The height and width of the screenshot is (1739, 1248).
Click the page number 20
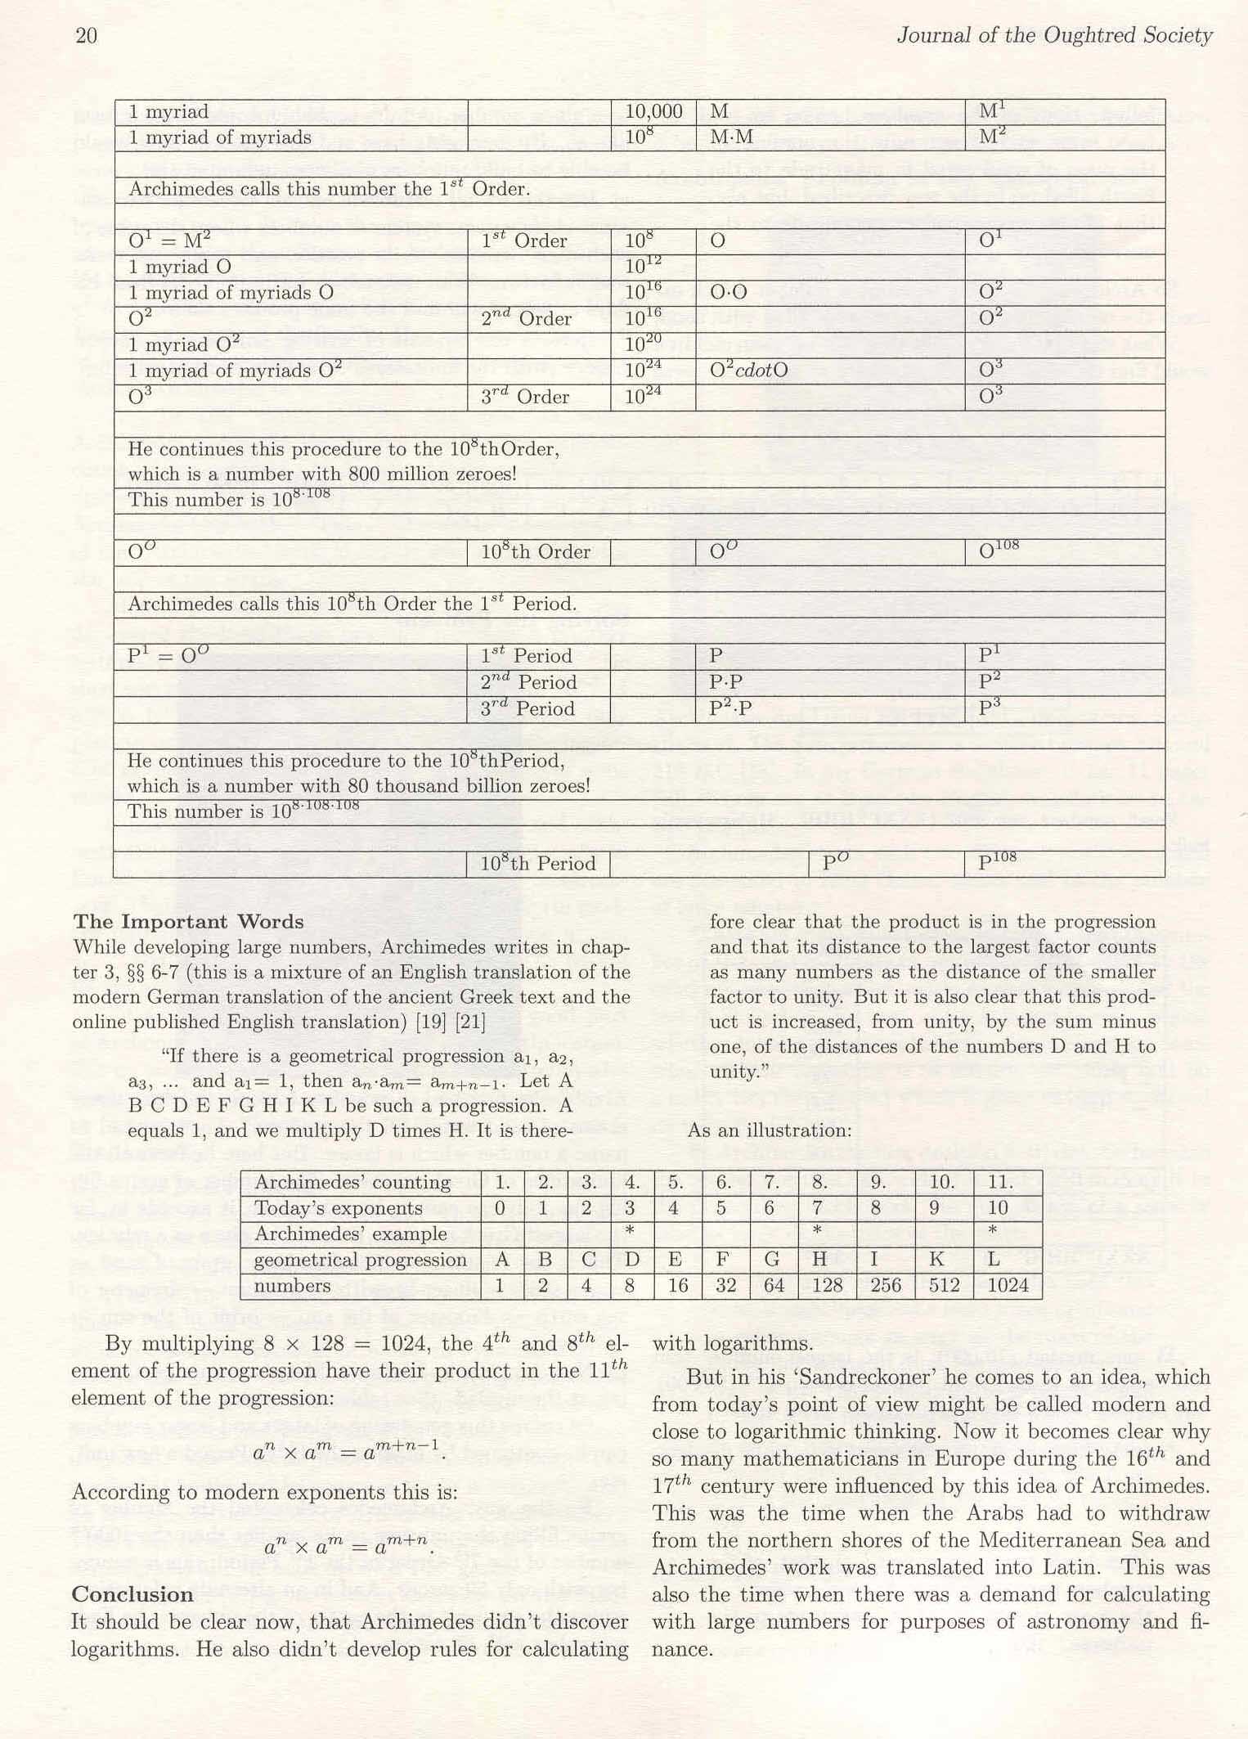(x=86, y=35)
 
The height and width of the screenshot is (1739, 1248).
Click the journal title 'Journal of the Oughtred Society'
(x=1054, y=35)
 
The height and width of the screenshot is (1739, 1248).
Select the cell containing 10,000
(x=653, y=112)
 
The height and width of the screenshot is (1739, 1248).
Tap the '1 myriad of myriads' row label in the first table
(x=220, y=137)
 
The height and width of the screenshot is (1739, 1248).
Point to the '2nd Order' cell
(x=526, y=318)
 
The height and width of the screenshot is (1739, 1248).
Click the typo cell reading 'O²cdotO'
(x=748, y=371)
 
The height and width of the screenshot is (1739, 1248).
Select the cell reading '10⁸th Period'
(x=537, y=864)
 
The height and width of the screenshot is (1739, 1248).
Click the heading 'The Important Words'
(x=188, y=922)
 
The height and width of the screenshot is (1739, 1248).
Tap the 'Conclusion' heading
(x=132, y=1594)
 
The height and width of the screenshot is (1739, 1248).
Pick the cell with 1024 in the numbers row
(x=1008, y=1286)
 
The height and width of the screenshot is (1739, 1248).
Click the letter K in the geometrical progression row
(x=936, y=1260)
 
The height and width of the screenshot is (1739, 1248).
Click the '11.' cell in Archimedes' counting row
(x=1001, y=1182)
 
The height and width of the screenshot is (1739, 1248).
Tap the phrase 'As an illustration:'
(x=769, y=1130)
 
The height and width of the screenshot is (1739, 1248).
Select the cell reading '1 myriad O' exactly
(x=180, y=267)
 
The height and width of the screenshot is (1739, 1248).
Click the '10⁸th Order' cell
(x=535, y=552)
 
